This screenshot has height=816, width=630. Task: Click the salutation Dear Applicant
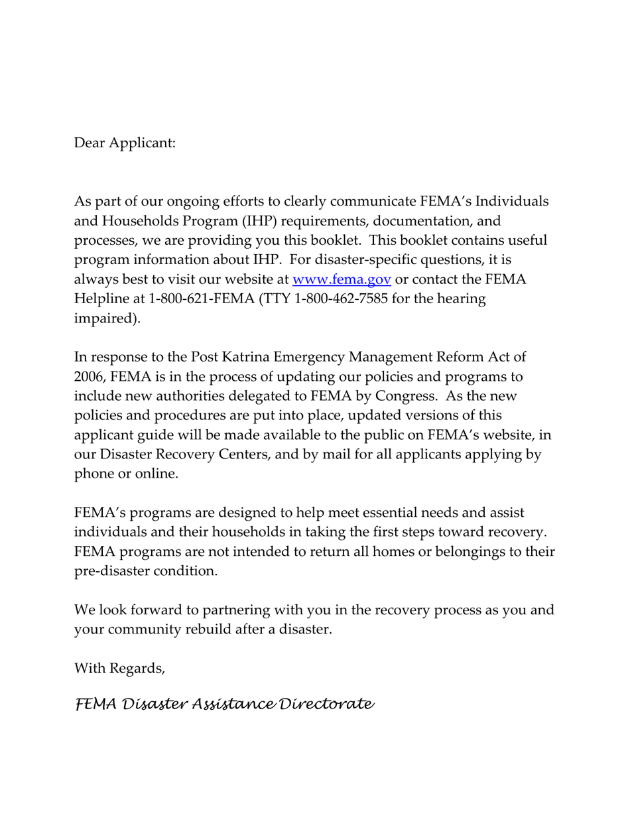pyautogui.click(x=125, y=143)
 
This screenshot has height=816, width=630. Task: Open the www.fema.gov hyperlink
pyautogui.click(x=342, y=279)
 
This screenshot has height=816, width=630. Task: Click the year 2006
pyautogui.click(x=90, y=377)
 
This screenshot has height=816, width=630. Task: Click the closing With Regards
pyautogui.click(x=119, y=668)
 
